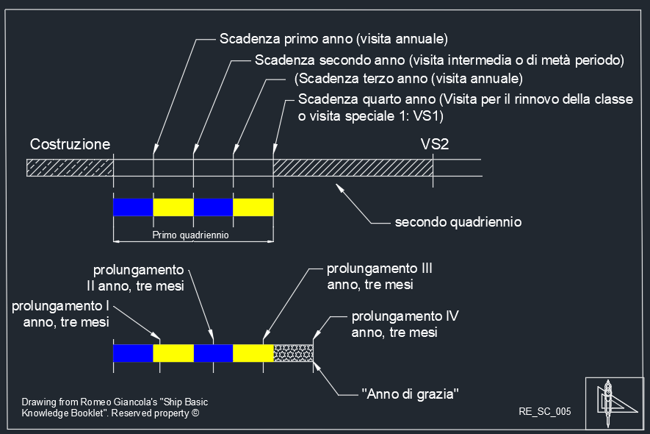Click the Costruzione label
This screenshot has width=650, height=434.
point(70,144)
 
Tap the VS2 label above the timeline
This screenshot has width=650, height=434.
point(434,144)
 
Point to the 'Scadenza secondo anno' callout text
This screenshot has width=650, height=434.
point(331,59)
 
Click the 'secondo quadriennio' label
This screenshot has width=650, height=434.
point(458,221)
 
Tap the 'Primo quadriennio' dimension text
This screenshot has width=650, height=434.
point(190,235)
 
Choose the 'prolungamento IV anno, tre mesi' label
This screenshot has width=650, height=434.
point(405,324)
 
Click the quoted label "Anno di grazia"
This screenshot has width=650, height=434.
point(411,394)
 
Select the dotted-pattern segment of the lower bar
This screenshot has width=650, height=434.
point(293,353)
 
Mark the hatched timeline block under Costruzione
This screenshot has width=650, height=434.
point(69,168)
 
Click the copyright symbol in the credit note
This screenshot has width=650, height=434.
point(195,413)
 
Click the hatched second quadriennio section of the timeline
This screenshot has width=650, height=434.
point(353,168)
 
